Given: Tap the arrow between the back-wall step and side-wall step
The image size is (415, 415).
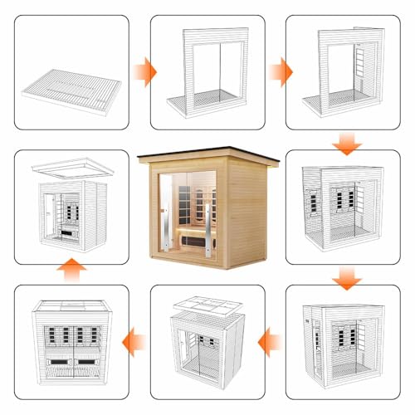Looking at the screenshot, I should (283, 71).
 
